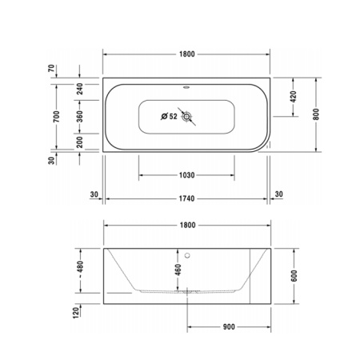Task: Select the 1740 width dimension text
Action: pos(186,197)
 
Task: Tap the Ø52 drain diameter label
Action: pos(169,117)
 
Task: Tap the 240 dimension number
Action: pos(80,89)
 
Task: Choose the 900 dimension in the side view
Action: pos(228,326)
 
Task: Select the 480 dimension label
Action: pos(80,270)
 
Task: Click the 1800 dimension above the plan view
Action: pos(186,54)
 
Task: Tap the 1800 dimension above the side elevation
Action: pos(186,226)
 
